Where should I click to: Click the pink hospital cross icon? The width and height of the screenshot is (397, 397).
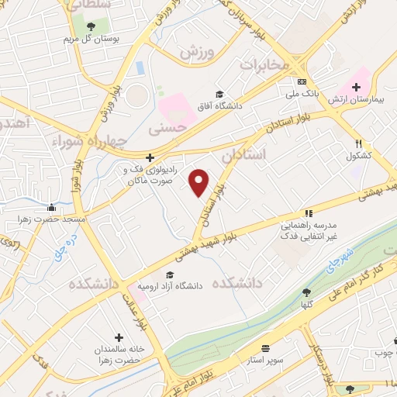[x=356, y=87]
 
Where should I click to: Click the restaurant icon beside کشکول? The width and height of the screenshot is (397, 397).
[x=358, y=143]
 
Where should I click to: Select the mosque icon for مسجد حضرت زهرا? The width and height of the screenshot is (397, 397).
[x=51, y=207]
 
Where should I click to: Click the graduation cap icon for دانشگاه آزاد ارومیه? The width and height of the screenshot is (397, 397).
[x=169, y=274]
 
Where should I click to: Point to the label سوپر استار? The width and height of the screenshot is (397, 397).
[x=266, y=361]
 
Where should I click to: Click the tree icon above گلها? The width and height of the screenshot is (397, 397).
[x=306, y=292]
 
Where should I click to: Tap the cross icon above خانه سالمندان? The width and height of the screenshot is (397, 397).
[x=118, y=337]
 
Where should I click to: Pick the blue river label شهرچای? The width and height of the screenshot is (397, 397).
[x=340, y=253]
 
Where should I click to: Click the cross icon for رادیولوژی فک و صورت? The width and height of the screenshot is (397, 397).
[x=151, y=157]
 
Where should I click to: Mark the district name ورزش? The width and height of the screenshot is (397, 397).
[x=197, y=52]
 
